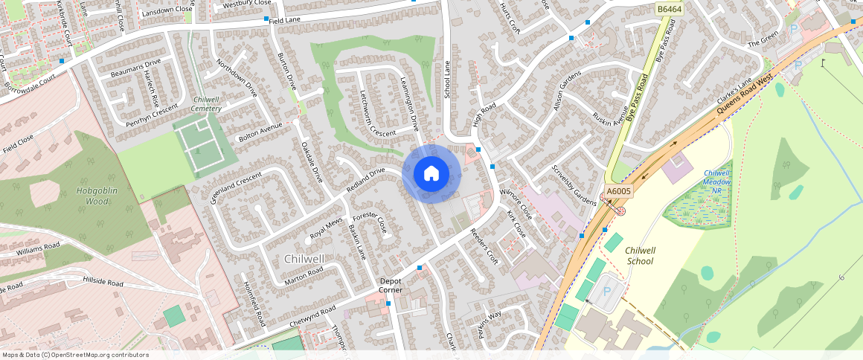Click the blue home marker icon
431,173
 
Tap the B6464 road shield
670,9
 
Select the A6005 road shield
618,191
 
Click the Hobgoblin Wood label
97,196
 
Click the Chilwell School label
640,256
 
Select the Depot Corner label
391,285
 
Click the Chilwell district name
304,259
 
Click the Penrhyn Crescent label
152,112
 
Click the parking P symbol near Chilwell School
606,292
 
